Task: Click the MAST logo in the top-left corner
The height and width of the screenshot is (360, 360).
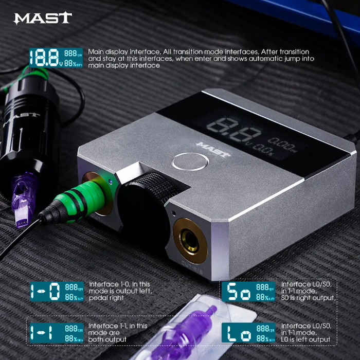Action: (43, 18)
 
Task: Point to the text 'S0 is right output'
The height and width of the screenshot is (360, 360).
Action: (309, 298)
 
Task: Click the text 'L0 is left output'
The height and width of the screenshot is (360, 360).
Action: (306, 339)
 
